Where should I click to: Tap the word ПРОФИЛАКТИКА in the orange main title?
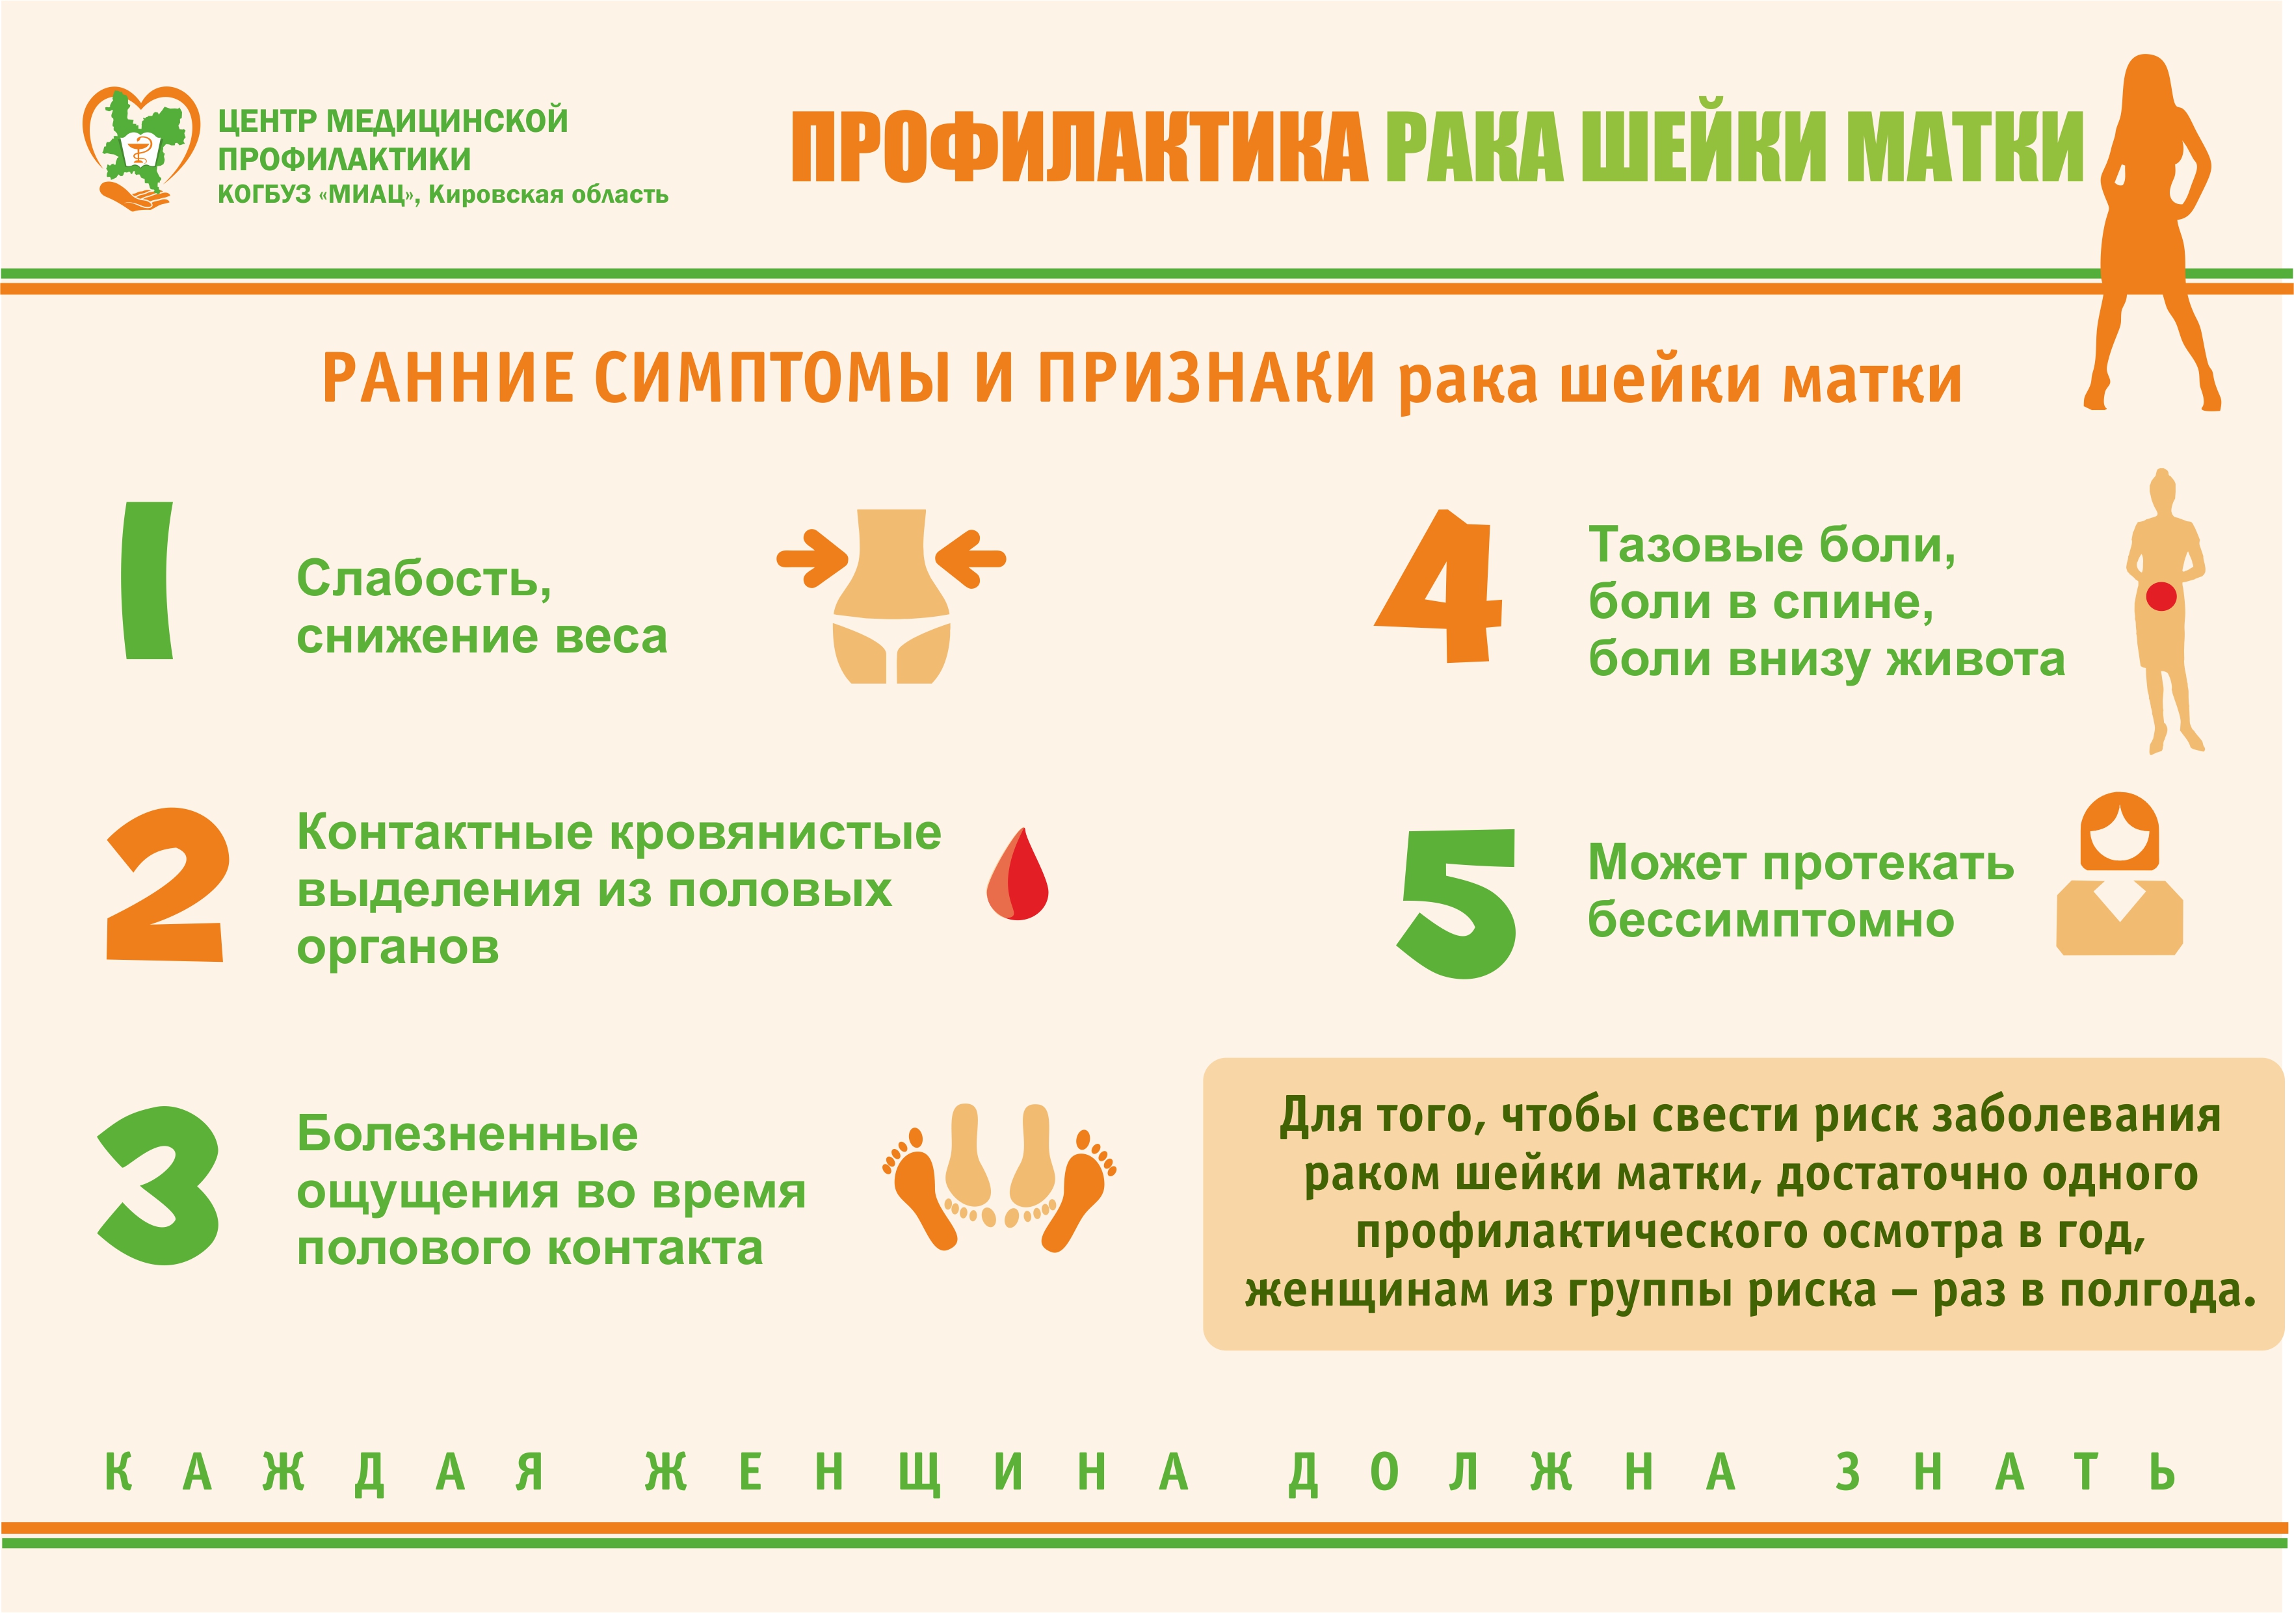tap(1079, 147)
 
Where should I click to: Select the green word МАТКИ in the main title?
tap(1964, 147)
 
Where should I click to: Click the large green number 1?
tap(147, 580)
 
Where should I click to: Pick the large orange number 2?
tap(166, 885)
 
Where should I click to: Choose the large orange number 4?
tap(1439, 586)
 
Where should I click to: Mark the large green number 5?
tap(1457, 903)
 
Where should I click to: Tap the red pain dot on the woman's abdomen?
tap(2161, 596)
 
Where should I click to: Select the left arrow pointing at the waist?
tap(812, 558)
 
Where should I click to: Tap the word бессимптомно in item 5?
tap(1771, 920)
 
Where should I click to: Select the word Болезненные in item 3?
tap(467, 1133)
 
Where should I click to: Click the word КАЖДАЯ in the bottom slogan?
tap(324, 1472)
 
